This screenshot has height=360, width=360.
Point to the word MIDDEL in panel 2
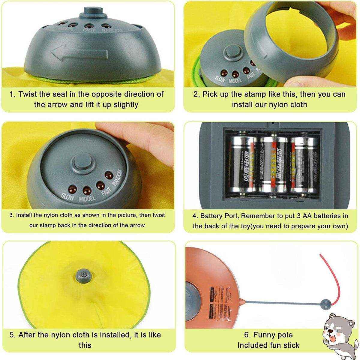(235, 79)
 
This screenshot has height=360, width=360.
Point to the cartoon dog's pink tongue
(332, 339)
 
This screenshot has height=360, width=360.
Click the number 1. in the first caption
(13, 94)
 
